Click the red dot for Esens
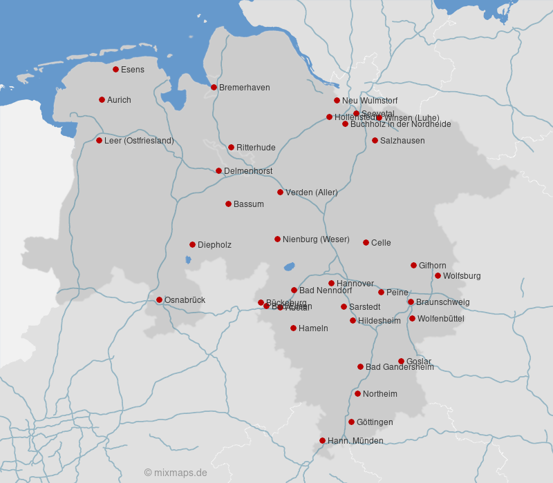tap(115, 69)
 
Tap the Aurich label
tap(119, 100)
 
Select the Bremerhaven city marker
tap(214, 87)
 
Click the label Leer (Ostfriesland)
tap(139, 141)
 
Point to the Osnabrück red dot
tap(159, 299)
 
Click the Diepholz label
tap(214, 245)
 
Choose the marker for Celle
tap(366, 242)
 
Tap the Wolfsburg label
tap(462, 276)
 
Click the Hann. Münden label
tap(355, 441)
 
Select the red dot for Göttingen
tap(351, 422)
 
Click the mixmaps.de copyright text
tap(176, 473)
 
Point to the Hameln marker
tap(293, 328)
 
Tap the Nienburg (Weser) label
tap(316, 239)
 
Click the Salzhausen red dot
tap(375, 140)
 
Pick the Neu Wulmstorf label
tap(370, 101)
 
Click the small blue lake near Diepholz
tap(188, 260)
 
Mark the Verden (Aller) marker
tap(280, 192)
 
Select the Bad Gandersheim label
tap(400, 367)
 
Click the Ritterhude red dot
tap(231, 147)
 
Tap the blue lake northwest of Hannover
tap(289, 266)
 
